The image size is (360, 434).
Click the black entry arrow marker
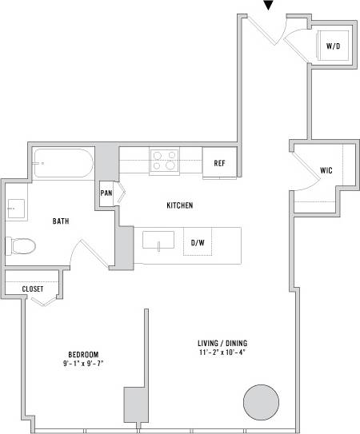269,6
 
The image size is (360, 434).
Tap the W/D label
331,46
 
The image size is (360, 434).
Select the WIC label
326,170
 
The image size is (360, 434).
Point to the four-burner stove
165,161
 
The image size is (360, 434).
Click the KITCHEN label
180,205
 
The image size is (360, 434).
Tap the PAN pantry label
106,193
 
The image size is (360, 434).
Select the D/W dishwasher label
197,242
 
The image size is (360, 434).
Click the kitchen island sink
159,241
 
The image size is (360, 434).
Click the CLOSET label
33,289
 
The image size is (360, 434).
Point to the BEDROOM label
82,354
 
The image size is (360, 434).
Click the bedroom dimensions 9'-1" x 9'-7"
82,364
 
